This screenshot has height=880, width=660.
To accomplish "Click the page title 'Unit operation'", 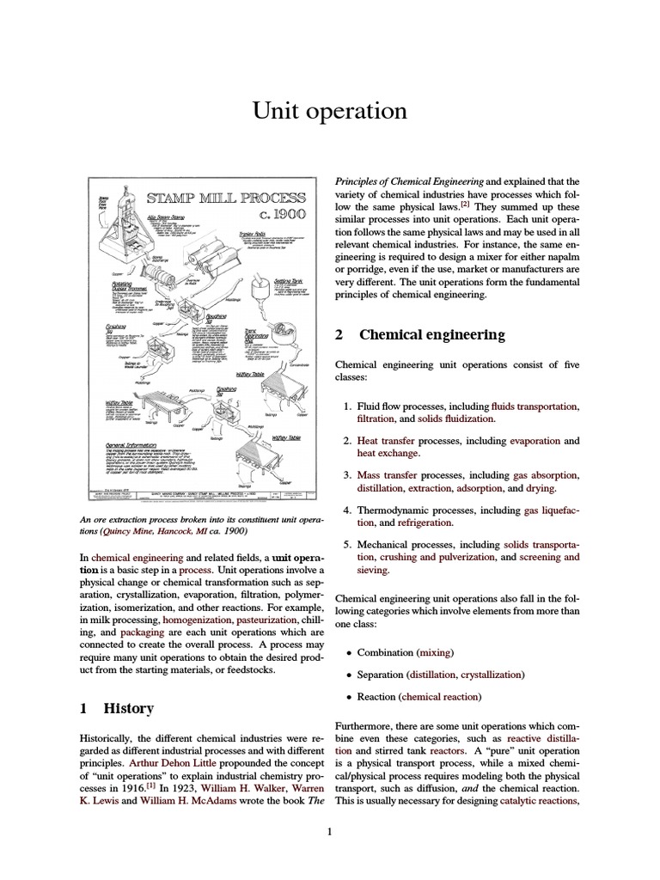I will click(329, 111).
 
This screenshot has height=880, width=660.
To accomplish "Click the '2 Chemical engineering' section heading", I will click(419, 334).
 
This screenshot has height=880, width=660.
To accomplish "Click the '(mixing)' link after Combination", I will click(434, 653).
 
